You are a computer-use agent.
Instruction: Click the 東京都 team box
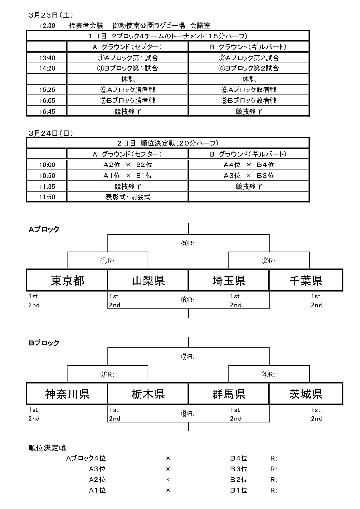(x=67, y=280)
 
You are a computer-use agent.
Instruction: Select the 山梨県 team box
(x=148, y=280)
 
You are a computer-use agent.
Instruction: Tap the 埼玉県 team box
(x=228, y=280)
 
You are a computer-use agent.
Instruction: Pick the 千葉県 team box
(x=306, y=280)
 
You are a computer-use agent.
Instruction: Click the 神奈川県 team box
(x=67, y=394)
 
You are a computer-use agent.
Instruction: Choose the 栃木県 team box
(x=148, y=394)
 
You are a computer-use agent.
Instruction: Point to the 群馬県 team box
(x=228, y=394)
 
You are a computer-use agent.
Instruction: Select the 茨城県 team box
(x=306, y=394)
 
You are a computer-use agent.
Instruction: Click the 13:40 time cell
(x=47, y=58)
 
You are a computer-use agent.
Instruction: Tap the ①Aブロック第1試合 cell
(x=128, y=58)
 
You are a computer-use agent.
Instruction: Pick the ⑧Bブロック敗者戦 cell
(x=249, y=100)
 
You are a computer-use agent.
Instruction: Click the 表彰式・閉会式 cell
(x=128, y=197)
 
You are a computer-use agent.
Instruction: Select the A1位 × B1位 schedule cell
(x=128, y=176)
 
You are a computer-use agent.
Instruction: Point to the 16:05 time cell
(x=47, y=101)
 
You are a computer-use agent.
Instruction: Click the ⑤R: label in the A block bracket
(x=188, y=243)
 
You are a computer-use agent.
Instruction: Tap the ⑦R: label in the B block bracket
(x=188, y=357)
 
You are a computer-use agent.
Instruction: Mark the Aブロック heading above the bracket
(x=44, y=229)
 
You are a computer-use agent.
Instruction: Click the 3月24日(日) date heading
(x=51, y=133)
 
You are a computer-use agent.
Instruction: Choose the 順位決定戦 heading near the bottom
(x=47, y=448)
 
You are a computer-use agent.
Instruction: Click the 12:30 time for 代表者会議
(x=47, y=26)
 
